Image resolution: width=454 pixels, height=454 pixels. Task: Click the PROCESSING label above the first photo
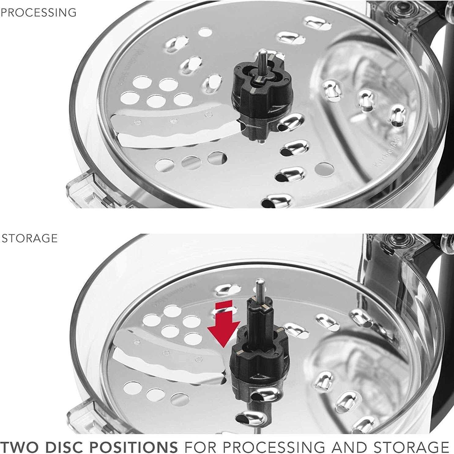(x=39, y=13)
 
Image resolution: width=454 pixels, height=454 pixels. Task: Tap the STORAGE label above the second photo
(x=30, y=238)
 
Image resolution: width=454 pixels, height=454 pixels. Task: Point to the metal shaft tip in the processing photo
(x=262, y=55)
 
